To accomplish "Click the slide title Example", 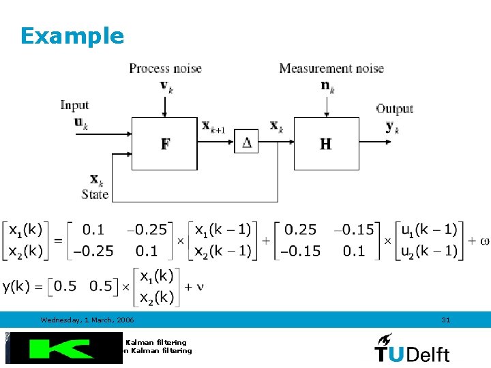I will (72, 35).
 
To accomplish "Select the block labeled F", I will (164, 144).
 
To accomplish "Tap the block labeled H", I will (326, 144).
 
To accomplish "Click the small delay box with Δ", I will (247, 142).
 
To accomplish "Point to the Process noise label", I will (165, 68).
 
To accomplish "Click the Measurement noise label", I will (331, 68).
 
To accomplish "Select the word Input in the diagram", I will (74, 105).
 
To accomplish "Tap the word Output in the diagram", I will (394, 109).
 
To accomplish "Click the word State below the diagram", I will (95, 194).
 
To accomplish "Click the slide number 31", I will (446, 320).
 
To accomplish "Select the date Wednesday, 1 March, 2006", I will (87, 320).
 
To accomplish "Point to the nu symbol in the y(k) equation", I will (200, 286).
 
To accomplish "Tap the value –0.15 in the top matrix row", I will (357, 230).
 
